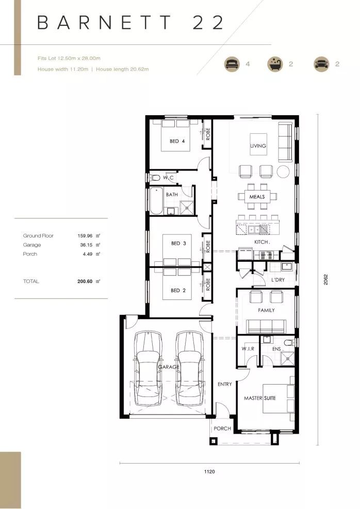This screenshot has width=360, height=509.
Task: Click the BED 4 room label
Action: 177,141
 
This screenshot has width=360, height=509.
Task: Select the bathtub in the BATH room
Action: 156,201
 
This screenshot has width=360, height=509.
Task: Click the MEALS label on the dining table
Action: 257,197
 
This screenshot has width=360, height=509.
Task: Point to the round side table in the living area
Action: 283,171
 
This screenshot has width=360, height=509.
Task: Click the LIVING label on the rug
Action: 258,146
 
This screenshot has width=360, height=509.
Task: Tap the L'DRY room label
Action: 278,280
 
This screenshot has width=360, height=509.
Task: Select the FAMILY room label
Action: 266,310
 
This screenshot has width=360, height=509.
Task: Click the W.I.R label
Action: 248,348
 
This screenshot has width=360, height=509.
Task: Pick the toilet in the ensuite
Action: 289,342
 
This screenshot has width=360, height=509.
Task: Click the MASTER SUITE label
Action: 260,398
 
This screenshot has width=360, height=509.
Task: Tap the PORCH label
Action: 222,428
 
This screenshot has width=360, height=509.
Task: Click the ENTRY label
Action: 225,385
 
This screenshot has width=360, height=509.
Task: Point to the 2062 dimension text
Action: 325,280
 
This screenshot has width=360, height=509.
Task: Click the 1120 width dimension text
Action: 209,472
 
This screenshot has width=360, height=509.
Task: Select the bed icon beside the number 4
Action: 232,63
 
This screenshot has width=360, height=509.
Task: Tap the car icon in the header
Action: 321,63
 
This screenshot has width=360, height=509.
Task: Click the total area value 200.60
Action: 85,281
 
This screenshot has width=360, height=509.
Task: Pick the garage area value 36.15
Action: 86,245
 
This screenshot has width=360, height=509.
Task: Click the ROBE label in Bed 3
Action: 208,246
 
